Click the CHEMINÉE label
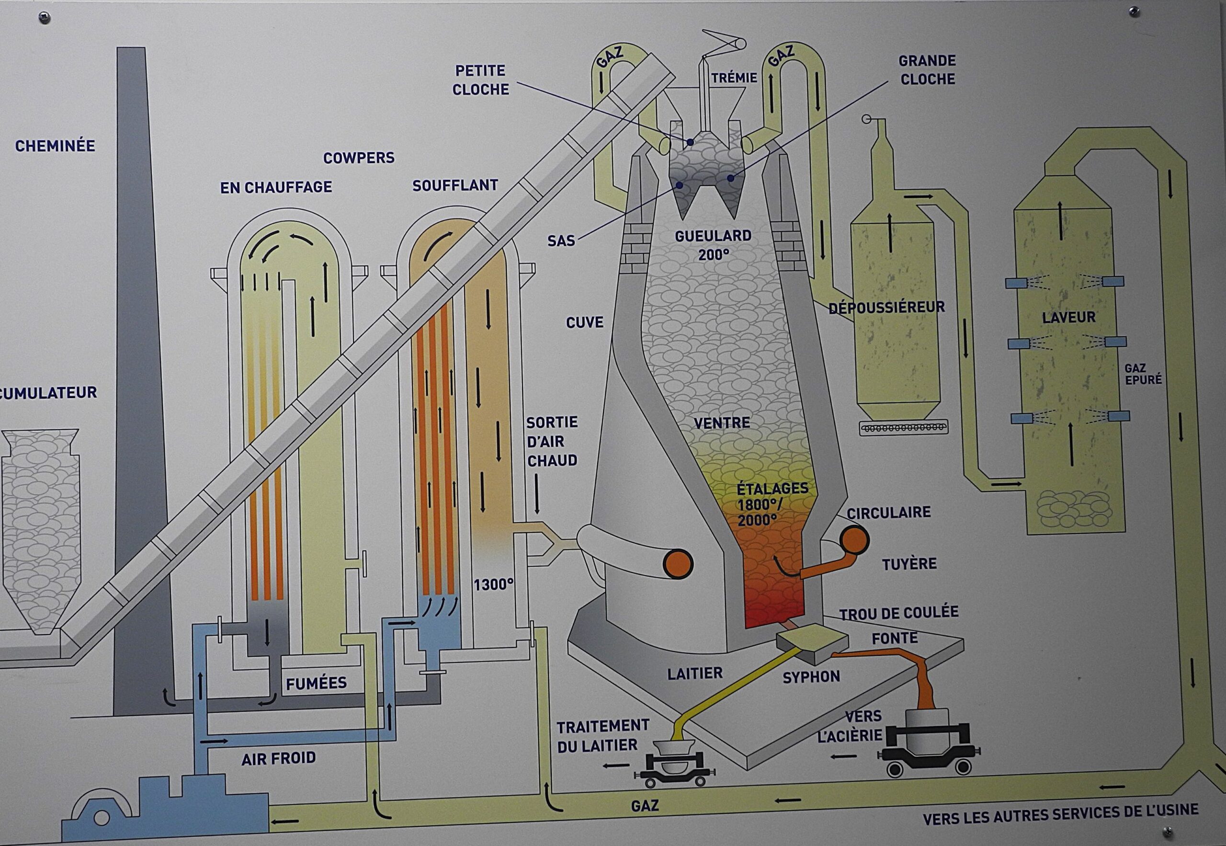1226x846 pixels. [55, 146]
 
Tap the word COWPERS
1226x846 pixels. [359, 158]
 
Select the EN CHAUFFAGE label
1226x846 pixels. [276, 187]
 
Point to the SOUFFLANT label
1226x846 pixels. [455, 185]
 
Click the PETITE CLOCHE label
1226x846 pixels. [480, 80]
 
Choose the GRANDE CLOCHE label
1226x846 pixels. [927, 70]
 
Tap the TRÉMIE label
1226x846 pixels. [734, 78]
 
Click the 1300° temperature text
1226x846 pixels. [494, 584]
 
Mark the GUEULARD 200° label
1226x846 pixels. [713, 245]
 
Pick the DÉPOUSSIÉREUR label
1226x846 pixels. [886, 308]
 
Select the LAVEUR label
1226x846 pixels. [1068, 318]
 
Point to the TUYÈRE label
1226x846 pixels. [909, 563]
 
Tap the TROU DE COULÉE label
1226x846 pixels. [898, 613]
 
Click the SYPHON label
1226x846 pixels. [811, 677]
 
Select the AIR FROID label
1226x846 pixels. [279, 758]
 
